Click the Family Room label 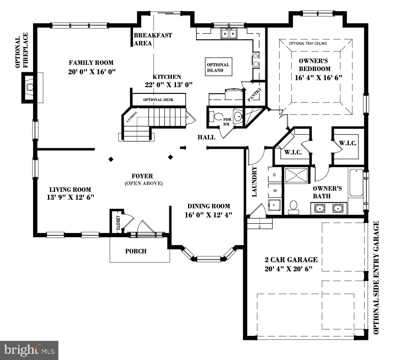click(91, 63)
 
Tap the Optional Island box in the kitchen click(218, 67)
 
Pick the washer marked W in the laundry click(275, 191)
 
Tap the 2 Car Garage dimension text click(288, 269)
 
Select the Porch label click(136, 251)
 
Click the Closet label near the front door click(118, 223)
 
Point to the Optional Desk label click(158, 100)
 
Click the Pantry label click(254, 95)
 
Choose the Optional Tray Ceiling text click(308, 44)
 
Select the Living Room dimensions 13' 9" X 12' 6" click(70, 197)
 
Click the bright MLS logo click(29, 350)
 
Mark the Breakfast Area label click(153, 39)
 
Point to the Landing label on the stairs click(132, 117)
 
